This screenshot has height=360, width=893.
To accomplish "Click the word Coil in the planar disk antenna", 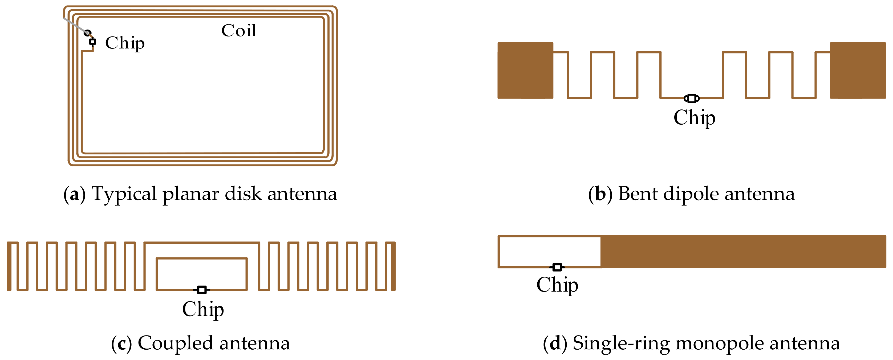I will [x=238, y=31].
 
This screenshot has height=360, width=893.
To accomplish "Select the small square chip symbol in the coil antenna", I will [x=92, y=42].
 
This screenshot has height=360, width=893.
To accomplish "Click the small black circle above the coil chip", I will [x=87, y=33].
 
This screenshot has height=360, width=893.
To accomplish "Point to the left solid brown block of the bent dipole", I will [x=525, y=70].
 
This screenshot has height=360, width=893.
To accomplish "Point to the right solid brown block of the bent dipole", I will [x=858, y=70].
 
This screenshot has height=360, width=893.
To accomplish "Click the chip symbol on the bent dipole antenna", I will [x=692, y=99].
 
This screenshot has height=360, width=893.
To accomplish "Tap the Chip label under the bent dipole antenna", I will [x=694, y=118].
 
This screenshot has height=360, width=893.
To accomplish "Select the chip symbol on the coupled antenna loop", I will [x=202, y=290].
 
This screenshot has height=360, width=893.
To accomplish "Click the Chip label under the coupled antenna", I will [x=203, y=309].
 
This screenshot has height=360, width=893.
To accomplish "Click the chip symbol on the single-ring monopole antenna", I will [x=557, y=267].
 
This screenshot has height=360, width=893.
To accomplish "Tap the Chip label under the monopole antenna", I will [x=557, y=285].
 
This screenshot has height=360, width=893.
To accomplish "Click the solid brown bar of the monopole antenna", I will [x=742, y=252].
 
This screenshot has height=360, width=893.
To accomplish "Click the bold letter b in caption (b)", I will [x=600, y=194].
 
